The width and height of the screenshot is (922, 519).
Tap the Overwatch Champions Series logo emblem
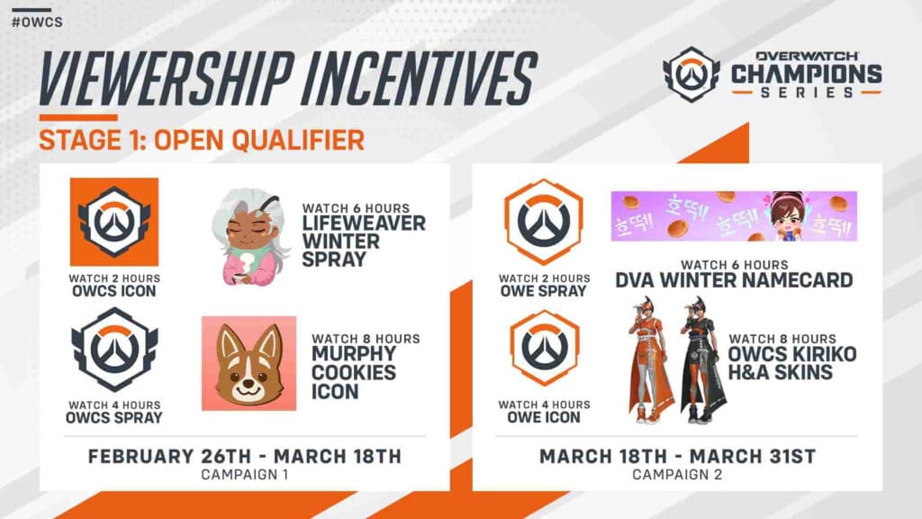tap(691, 75)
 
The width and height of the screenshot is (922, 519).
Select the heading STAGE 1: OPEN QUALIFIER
tap(202, 140)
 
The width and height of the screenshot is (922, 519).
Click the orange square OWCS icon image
tap(114, 222)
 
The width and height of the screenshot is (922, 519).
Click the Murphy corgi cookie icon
tap(249, 363)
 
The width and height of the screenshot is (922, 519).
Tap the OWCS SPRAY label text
tap(114, 417)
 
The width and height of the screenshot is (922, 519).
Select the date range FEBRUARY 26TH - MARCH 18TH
tap(244, 456)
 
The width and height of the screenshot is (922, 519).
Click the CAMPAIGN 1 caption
tap(244, 474)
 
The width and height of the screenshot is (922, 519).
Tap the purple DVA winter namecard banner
tap(734, 216)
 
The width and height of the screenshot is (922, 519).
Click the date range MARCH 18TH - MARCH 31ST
tap(677, 456)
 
